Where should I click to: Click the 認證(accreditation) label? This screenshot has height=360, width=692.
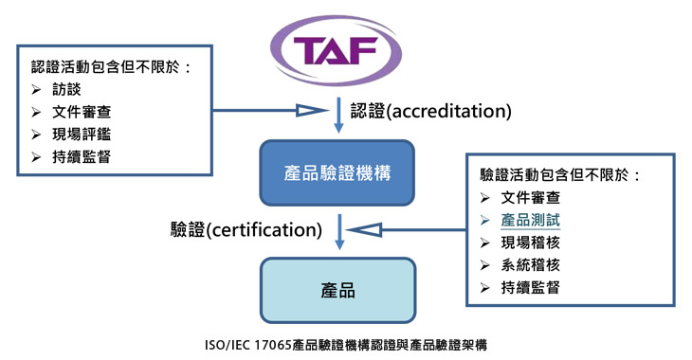point(431,111)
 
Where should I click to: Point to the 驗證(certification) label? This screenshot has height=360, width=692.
point(246,228)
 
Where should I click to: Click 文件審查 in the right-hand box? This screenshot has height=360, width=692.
point(531,198)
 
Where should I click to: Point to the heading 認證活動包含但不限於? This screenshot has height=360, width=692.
point(110,66)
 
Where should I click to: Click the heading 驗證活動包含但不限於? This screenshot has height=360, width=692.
point(560,175)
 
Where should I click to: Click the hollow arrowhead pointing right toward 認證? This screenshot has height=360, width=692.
point(313,111)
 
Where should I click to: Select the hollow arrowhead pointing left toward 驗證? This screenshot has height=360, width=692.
point(363,228)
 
